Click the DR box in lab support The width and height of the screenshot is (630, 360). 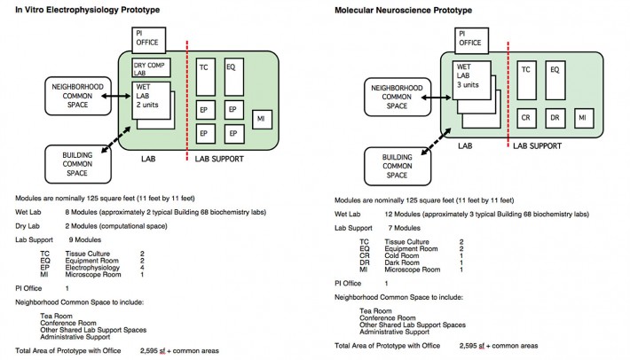[x=554, y=117]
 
